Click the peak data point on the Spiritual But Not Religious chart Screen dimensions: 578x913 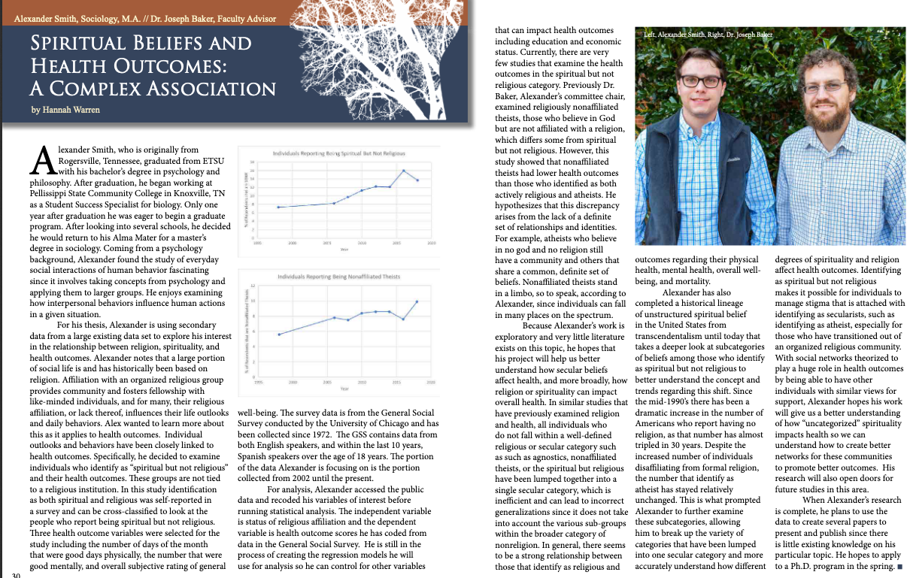click(403, 171)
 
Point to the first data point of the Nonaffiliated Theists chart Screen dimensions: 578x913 click(279, 334)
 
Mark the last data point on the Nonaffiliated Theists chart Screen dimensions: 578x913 click(417, 301)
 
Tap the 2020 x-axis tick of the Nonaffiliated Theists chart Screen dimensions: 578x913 click(431, 383)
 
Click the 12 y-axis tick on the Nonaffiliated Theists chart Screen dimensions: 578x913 click(253, 286)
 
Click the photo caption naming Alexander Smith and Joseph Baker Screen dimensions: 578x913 click(708, 35)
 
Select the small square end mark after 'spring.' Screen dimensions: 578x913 click(900, 566)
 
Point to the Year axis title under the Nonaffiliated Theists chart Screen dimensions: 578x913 click(344, 389)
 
